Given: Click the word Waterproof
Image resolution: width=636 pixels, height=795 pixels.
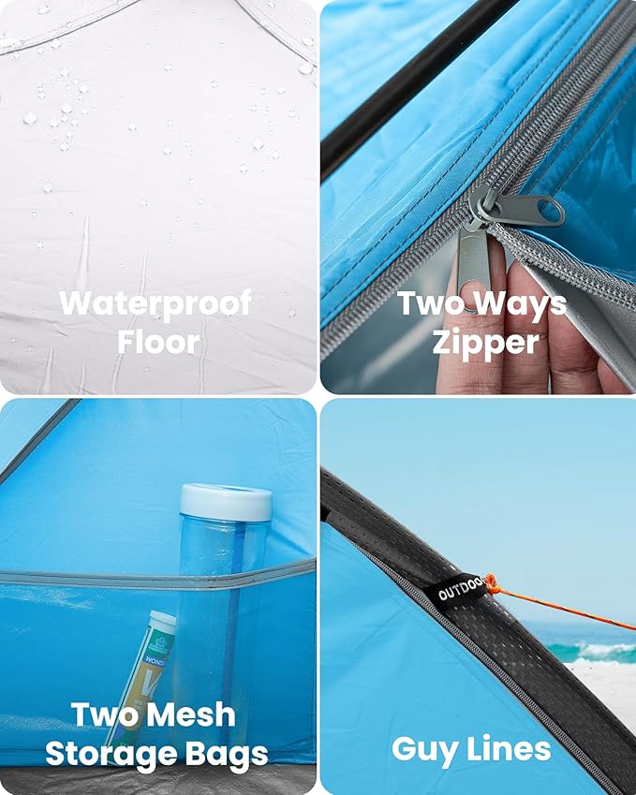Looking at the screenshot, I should click(x=155, y=303).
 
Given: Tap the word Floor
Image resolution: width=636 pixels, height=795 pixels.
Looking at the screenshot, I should click(x=158, y=342).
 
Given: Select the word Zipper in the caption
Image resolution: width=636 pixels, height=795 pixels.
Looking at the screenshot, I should click(x=486, y=342).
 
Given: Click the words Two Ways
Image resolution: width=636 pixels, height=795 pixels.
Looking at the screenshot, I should click(x=482, y=303).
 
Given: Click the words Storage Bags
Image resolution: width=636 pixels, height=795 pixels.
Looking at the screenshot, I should click(x=156, y=753).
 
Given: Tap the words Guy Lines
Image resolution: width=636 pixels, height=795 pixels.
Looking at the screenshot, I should click(x=471, y=749).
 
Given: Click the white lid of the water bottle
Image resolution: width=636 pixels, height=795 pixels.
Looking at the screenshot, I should click(x=226, y=501).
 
